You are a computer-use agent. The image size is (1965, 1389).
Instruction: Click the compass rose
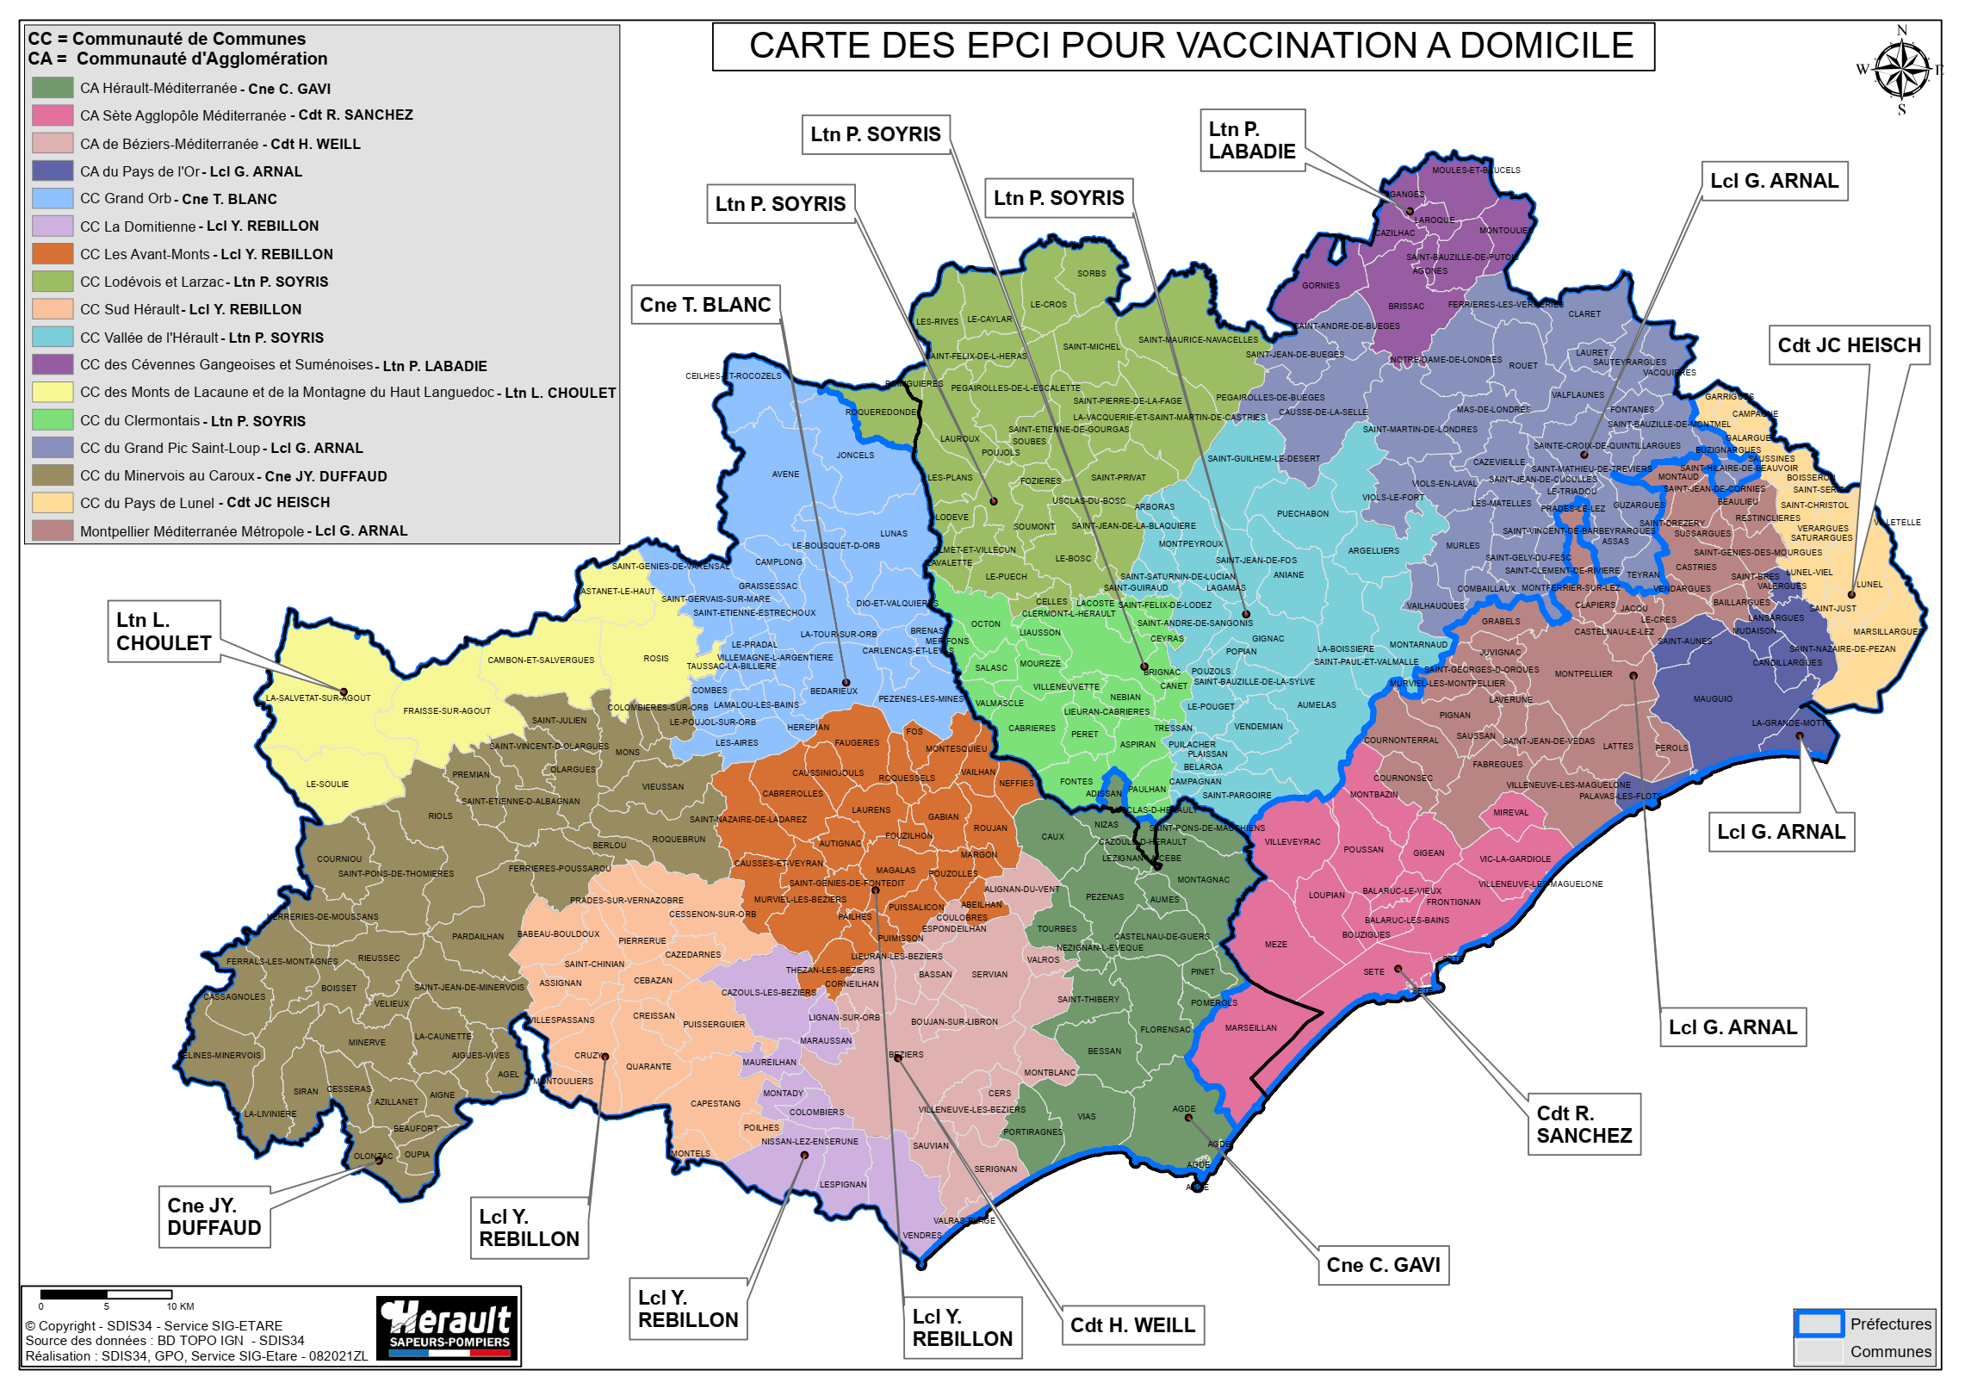[1901, 70]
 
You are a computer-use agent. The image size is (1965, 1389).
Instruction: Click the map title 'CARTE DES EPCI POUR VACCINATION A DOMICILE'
[1190, 47]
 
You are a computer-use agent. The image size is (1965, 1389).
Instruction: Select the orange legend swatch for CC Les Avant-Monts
[53, 254]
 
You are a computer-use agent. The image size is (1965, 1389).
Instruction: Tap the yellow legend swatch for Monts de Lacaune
[53, 393]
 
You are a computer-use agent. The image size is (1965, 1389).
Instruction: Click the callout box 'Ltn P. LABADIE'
[1251, 140]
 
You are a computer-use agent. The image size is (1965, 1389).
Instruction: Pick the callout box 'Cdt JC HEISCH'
[1848, 345]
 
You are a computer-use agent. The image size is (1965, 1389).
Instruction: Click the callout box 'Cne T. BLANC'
[704, 305]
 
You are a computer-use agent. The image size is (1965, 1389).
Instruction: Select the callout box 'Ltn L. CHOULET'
[164, 631]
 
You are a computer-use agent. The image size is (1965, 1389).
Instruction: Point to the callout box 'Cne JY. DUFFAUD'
[214, 1216]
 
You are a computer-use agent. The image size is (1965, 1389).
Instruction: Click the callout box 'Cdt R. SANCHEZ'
[1583, 1124]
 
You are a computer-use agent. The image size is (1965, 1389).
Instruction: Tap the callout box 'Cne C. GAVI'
[1382, 1264]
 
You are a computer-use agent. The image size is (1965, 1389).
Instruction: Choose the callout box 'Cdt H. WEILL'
[1131, 1324]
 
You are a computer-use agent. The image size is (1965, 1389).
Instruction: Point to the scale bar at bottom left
[106, 1294]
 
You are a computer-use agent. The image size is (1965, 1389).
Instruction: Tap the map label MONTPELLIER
[1583, 674]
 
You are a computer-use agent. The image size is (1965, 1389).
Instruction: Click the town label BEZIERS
[906, 1054]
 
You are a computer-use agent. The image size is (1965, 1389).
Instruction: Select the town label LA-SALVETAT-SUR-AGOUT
[318, 698]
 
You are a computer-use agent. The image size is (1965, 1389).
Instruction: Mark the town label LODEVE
[952, 518]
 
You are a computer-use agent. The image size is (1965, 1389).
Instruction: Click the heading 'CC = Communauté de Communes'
[166, 39]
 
